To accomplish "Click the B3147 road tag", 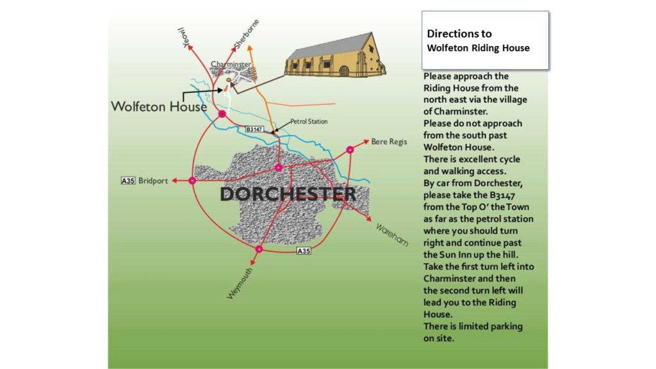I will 255,129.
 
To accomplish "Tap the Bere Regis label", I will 388,142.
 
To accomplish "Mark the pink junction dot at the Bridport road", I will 193,181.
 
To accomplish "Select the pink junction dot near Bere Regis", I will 350,150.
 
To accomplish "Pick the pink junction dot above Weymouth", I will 259,249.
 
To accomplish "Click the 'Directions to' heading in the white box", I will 459,33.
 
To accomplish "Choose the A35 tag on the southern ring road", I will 304,252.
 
